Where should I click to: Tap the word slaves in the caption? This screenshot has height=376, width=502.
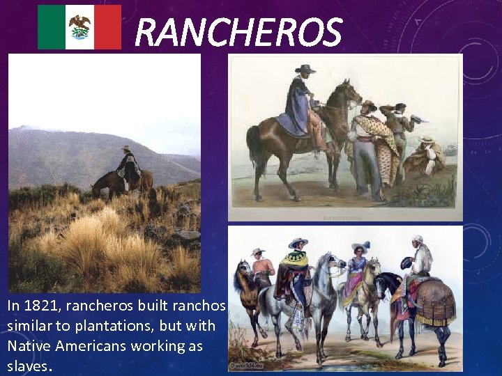point(26,366)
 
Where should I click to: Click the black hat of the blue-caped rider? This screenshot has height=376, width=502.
point(305,69)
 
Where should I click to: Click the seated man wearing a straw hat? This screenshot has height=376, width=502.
point(425,157)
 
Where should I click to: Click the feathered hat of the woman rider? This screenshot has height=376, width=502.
point(360,246)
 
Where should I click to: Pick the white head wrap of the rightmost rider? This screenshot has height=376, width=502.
point(417,240)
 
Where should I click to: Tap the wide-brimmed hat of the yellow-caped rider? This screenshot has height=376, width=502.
point(298,242)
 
